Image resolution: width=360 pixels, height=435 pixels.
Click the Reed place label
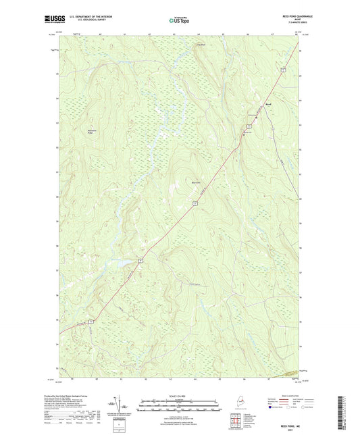pos(268,105)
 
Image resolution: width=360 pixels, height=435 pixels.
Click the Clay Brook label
pos(200,45)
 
